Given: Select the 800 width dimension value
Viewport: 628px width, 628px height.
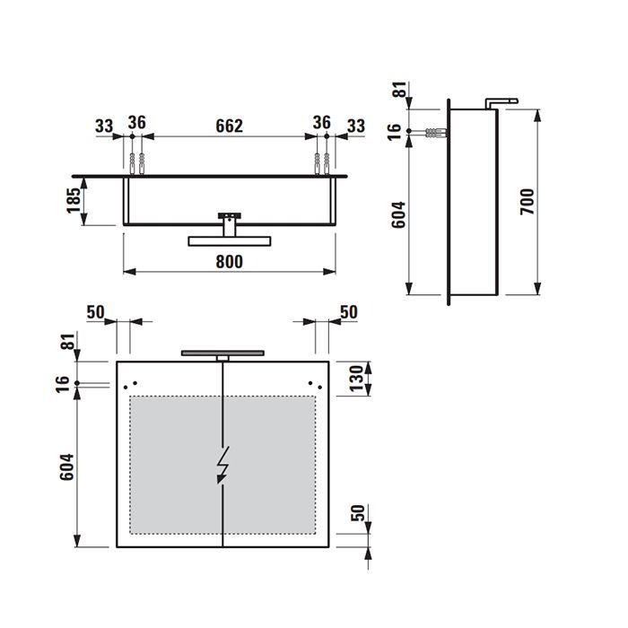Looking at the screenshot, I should [230, 261].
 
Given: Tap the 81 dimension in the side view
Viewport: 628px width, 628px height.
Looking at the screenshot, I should [398, 90].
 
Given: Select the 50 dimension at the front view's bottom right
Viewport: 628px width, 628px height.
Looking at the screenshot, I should [356, 514].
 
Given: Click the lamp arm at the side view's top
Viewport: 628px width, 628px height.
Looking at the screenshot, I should [501, 100].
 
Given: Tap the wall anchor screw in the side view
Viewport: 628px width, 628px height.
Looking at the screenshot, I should [430, 132].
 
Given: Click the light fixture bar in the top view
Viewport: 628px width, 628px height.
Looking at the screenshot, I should [229, 240].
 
